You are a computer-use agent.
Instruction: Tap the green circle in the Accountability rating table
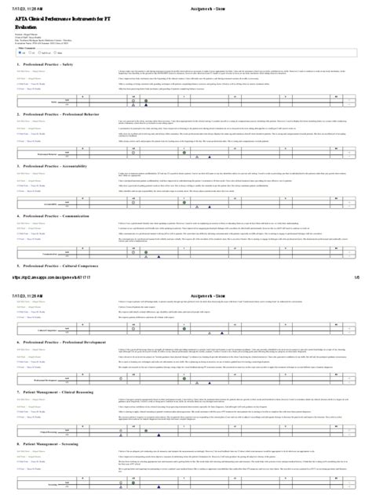(133, 197)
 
